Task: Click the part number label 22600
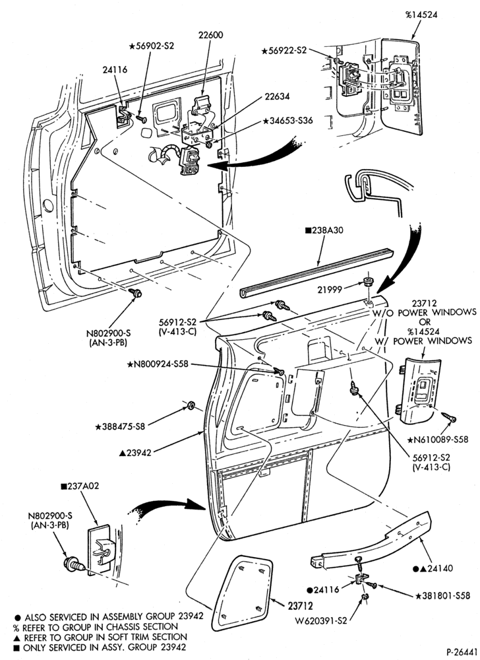(x=211, y=36)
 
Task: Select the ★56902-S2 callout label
(x=151, y=46)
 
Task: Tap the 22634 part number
(x=277, y=96)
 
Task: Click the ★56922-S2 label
(x=284, y=51)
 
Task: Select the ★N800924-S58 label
(x=158, y=364)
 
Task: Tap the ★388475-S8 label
(x=120, y=426)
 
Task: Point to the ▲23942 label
(x=135, y=453)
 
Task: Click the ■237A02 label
(x=80, y=486)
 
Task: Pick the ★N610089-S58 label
(x=438, y=440)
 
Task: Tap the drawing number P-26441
(x=462, y=651)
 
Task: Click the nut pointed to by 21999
(x=369, y=282)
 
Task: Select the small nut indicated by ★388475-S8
(x=190, y=405)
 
